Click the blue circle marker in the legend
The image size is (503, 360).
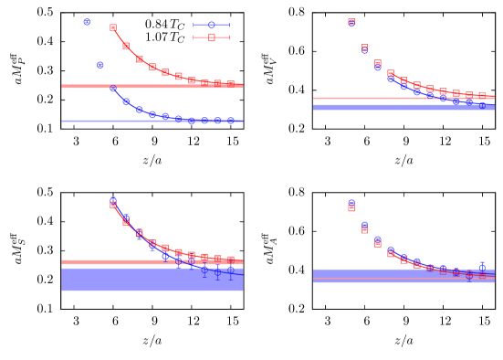(212, 25)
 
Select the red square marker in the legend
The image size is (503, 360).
(212, 37)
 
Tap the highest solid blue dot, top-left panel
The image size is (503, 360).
(87, 22)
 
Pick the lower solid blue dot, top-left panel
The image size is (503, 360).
(100, 65)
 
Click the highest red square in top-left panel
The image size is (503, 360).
(113, 27)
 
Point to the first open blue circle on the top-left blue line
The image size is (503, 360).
(113, 89)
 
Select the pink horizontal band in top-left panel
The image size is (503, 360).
(152, 86)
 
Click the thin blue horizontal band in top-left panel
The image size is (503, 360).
(152, 121)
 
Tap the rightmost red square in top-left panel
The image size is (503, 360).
(231, 83)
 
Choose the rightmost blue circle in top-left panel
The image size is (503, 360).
(231, 121)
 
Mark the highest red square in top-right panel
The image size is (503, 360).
(351, 21)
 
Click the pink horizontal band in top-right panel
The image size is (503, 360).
(403, 98)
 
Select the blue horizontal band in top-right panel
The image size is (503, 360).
(403, 107)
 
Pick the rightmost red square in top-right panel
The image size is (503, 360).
(482, 96)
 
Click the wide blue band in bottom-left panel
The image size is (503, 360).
(152, 280)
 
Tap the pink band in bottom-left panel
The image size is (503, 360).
(152, 262)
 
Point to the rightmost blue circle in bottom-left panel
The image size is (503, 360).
(231, 270)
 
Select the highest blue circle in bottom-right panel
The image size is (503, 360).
(351, 203)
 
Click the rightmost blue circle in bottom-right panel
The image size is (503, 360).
(482, 268)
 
